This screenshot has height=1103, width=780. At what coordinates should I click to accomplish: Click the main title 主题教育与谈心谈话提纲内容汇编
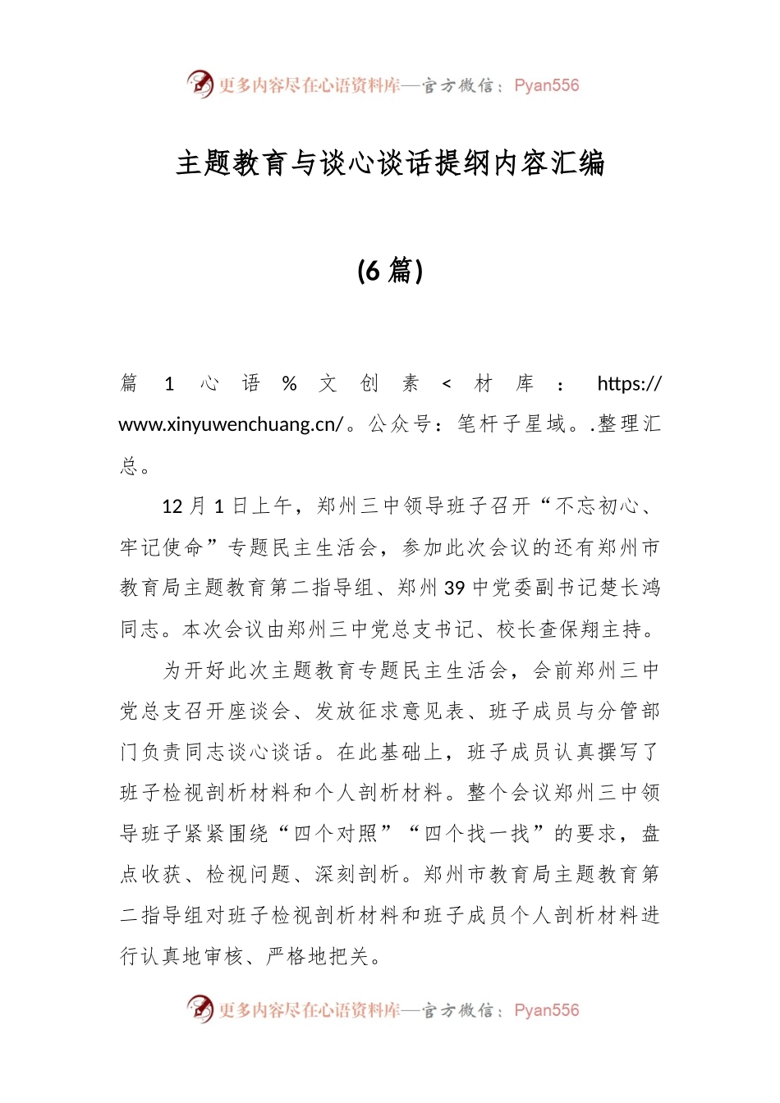point(390,163)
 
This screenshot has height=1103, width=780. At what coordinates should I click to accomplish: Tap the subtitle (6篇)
point(390,270)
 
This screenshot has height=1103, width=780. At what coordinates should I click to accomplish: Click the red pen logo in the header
point(200,85)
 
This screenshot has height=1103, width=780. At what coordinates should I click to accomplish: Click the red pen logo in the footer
point(200,1009)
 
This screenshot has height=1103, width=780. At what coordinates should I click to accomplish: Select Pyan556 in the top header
point(547,85)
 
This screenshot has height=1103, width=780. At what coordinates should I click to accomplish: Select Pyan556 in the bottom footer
point(547,1010)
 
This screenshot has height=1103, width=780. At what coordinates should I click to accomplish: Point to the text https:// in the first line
point(629,383)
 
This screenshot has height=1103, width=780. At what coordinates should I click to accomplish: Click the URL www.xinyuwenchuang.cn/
point(231,424)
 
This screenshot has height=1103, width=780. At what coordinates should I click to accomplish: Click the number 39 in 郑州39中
point(454,588)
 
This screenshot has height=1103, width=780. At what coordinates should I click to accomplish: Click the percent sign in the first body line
point(289,383)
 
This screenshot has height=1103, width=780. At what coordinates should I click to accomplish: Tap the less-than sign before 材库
point(447,383)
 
